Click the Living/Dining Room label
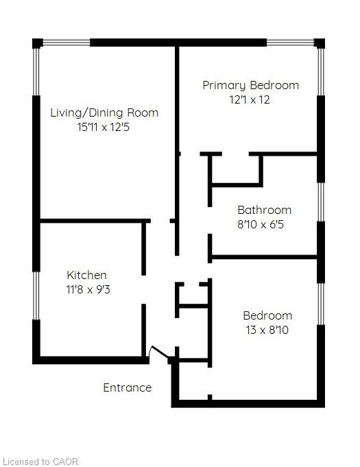click(x=104, y=113)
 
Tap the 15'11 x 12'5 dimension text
click(x=104, y=127)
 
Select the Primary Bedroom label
click(x=251, y=86)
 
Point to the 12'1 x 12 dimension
click(x=250, y=99)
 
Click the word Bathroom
click(x=265, y=210)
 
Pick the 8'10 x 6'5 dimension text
click(x=261, y=224)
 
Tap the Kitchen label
click(x=86, y=275)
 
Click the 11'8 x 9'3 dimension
click(x=88, y=289)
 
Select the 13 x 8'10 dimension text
click(x=267, y=330)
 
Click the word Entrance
click(x=128, y=387)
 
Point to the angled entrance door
click(x=160, y=352)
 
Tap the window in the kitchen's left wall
click(x=36, y=296)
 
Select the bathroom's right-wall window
click(x=321, y=202)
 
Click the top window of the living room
click(x=67, y=43)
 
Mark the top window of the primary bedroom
click(x=290, y=43)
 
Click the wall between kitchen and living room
click(x=95, y=221)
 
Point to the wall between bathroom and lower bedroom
click(x=264, y=256)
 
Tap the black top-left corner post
click(x=38, y=43)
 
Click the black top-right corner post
click(x=320, y=43)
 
